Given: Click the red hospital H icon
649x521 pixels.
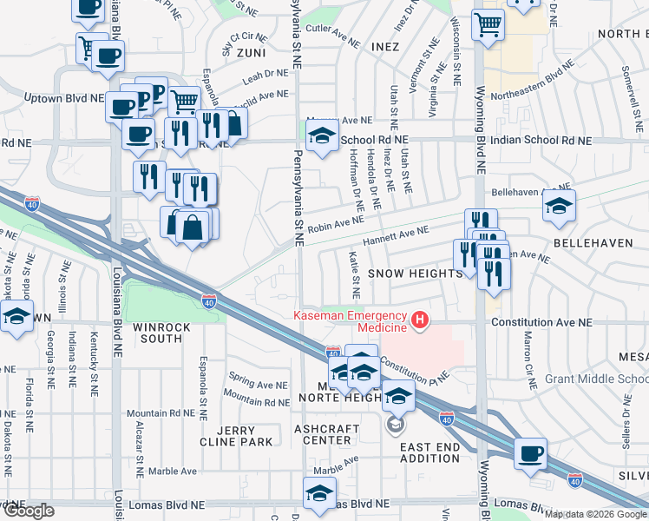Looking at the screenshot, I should coord(421,320).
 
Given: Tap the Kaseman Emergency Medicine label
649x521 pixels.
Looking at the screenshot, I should coord(351,320).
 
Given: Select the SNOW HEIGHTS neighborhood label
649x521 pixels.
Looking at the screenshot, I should coord(414,274).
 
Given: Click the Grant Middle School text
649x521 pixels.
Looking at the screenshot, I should coord(596,380).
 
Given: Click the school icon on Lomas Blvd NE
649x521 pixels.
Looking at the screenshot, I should coord(319,492).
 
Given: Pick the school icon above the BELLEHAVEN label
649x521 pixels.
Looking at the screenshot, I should coord(559,205).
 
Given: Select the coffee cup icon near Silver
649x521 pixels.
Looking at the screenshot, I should coord(530,452).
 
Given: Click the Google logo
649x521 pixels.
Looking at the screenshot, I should coord(28,511).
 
